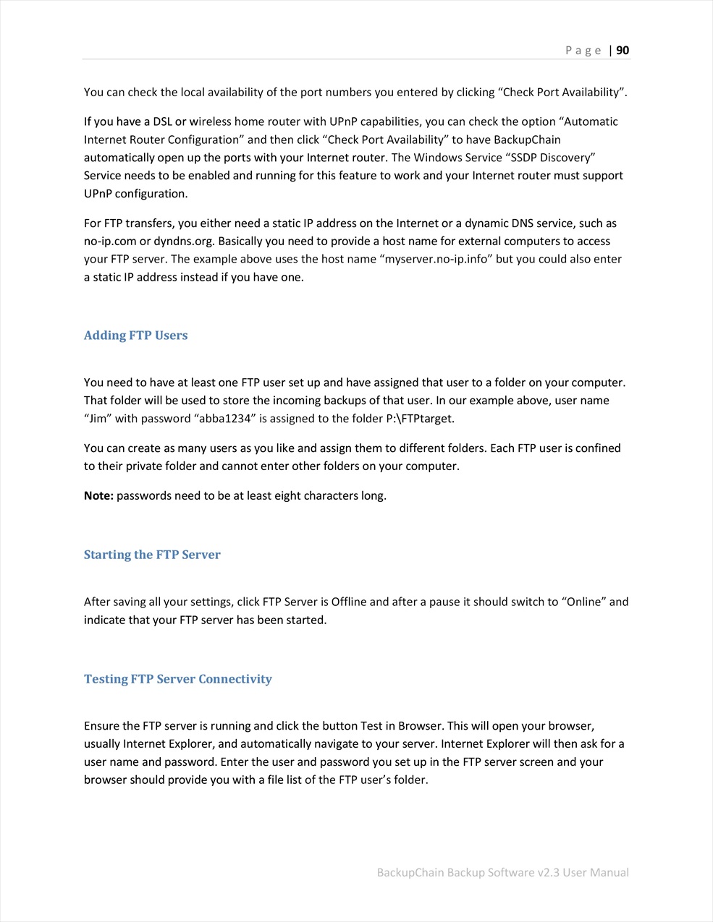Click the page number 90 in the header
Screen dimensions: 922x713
point(623,50)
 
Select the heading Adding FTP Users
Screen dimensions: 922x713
point(135,336)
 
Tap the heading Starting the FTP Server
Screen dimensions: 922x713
point(152,555)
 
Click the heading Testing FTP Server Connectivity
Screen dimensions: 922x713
point(177,679)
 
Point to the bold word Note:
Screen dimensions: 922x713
point(98,495)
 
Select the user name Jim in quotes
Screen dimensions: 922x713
point(98,418)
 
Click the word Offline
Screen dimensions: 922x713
point(350,602)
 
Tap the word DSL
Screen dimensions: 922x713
point(162,121)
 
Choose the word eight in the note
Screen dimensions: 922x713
point(288,495)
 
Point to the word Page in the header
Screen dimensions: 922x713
point(583,50)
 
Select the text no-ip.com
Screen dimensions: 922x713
point(111,241)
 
